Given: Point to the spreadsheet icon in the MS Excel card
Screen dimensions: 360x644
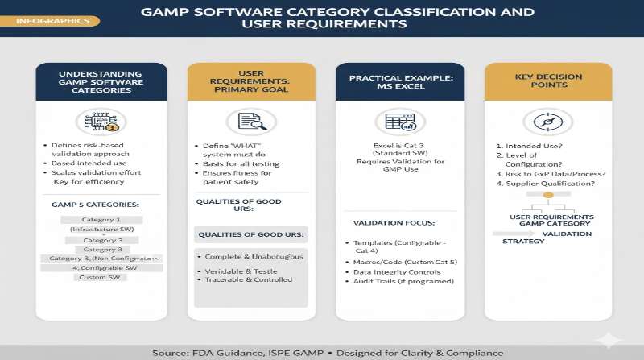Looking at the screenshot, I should [400, 122].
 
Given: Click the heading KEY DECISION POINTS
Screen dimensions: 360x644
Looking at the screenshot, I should [547, 81].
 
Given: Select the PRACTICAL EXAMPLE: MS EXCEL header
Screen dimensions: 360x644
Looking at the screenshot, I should [399, 81].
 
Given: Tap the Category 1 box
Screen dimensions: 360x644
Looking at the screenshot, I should [101, 219].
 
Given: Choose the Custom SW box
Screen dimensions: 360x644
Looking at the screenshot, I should [101, 277].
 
